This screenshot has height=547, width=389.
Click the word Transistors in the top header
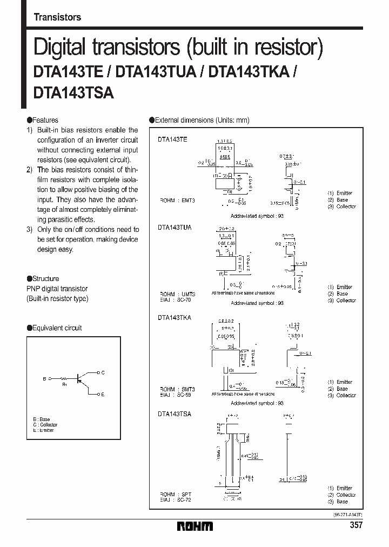[57, 17]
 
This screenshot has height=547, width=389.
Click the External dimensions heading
[201, 121]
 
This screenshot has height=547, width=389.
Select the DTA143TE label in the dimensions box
[173, 139]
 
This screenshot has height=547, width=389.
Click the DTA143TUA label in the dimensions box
[175, 228]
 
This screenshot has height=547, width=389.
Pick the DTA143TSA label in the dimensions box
[175, 413]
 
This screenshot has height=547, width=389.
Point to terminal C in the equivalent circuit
[103, 372]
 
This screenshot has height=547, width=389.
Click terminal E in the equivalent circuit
[103, 395]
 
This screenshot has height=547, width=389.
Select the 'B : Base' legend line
[43, 419]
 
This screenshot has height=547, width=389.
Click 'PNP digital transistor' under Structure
[57, 289]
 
